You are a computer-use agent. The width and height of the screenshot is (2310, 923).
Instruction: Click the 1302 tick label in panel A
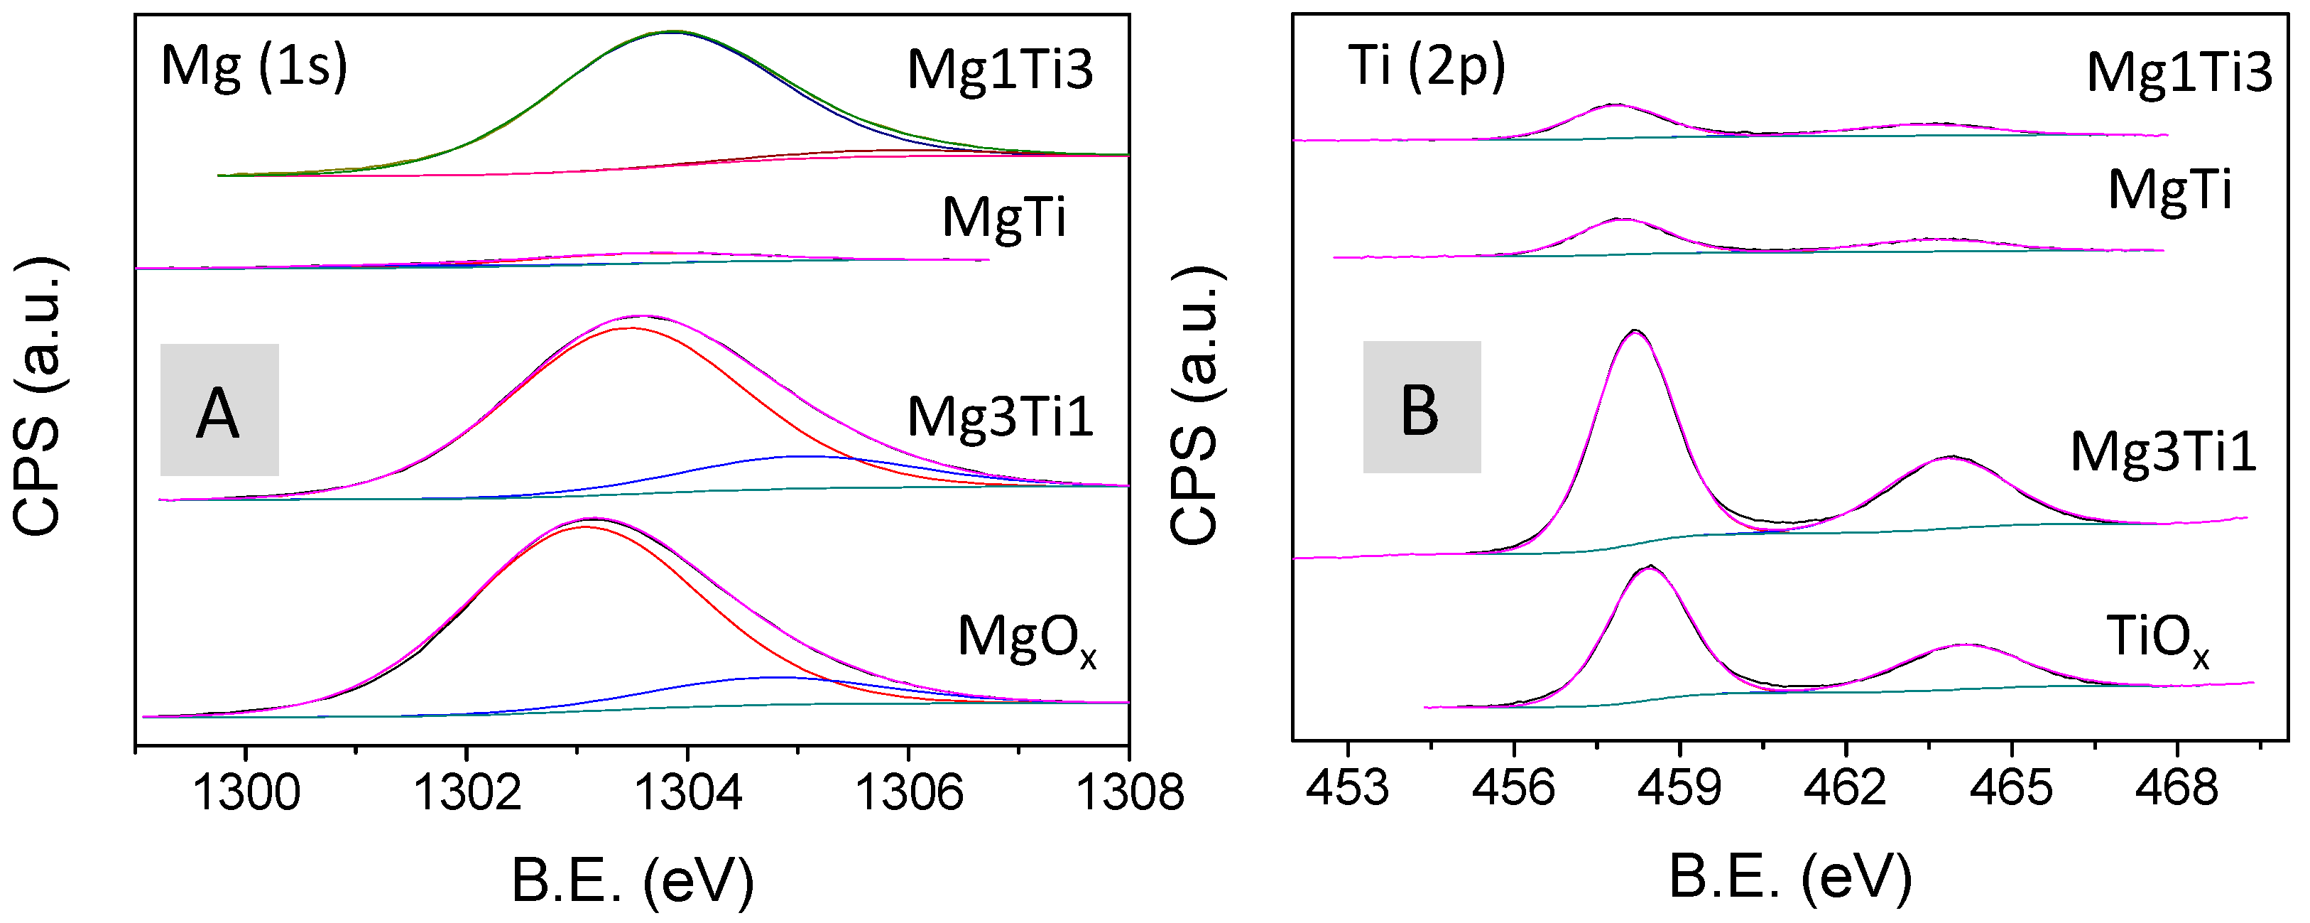[467, 793]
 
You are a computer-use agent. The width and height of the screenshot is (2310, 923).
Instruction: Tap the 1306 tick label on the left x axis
[908, 793]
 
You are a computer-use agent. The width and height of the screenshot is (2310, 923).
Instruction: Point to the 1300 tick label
[246, 793]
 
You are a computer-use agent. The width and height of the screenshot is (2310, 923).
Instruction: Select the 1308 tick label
[1129, 793]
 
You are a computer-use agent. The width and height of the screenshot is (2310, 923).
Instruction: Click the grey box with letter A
[219, 410]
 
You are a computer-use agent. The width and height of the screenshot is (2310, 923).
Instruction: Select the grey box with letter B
[1422, 407]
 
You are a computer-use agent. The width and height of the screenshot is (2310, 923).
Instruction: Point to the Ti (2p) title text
[1427, 66]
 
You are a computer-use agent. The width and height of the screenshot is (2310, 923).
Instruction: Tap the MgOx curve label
[1027, 639]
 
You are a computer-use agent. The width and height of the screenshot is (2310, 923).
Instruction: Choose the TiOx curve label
[2157, 639]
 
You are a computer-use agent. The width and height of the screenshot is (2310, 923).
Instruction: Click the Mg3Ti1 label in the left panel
[1000, 417]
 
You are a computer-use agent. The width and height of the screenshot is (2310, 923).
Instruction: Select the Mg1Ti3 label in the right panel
[2179, 72]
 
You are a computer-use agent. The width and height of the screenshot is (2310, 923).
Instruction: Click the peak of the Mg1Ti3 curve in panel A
[672, 31]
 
